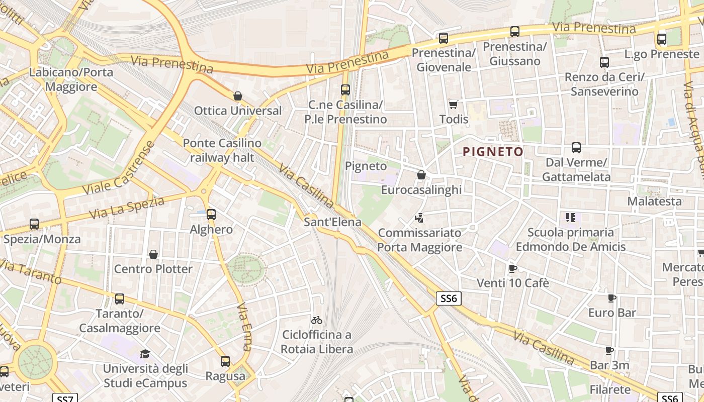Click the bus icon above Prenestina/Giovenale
(443, 38)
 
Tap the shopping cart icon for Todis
(454, 105)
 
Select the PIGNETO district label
(493, 151)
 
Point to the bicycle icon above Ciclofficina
(317, 320)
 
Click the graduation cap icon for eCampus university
(145, 354)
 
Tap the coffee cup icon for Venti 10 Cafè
(512, 268)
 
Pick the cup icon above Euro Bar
(612, 298)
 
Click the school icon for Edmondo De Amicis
(570, 218)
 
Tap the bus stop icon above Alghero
(211, 215)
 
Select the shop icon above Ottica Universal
(238, 96)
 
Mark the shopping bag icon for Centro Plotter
(153, 254)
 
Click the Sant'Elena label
(332, 222)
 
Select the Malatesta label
(654, 201)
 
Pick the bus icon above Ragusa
(225, 361)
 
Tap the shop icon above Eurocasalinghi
(421, 175)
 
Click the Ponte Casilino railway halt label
(222, 150)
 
